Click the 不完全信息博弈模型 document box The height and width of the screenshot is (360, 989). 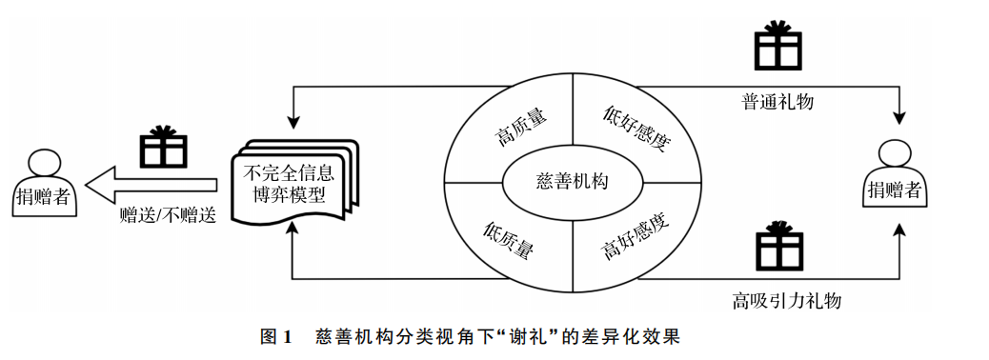click(292, 181)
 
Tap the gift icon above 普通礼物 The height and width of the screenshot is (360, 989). click(774, 45)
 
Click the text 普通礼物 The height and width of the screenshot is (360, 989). click(777, 100)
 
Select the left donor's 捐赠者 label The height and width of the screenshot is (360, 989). click(45, 196)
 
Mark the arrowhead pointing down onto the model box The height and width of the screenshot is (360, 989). click(294, 124)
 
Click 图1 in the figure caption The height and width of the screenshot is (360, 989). click(274, 336)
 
